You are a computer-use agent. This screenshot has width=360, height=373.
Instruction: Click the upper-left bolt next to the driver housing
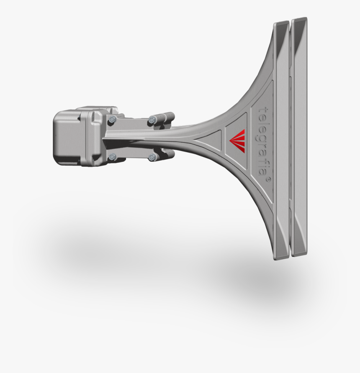tap(111, 120)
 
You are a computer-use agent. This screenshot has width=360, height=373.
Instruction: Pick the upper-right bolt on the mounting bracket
tap(152, 121)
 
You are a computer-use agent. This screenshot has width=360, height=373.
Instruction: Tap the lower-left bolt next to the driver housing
tap(112, 157)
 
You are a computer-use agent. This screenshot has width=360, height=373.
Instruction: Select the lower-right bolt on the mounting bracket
tap(152, 158)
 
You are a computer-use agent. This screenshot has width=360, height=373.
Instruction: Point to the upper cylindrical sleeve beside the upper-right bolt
tap(165, 117)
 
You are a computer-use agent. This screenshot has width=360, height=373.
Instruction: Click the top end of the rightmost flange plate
tap(300, 21)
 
